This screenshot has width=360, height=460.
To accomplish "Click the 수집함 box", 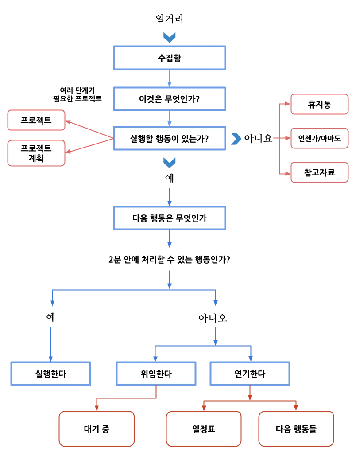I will (170, 58).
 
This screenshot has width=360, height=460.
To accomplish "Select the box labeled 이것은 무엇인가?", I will (170, 99).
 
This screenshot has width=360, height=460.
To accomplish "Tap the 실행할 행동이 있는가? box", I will (170, 139).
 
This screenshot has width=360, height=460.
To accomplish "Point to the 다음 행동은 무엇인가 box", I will (170, 218).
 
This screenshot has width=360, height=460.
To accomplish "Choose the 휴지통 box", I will (319, 105).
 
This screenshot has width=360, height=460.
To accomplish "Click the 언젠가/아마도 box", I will (319, 139).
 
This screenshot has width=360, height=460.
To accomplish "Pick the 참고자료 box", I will (319, 172).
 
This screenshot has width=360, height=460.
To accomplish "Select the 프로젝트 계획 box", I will (36, 153).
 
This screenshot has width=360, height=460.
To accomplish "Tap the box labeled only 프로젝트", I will (36, 120).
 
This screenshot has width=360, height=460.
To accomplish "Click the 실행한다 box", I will (50, 374).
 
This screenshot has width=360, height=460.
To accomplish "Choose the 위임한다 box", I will (155, 374).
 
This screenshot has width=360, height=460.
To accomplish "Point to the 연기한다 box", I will (250, 374).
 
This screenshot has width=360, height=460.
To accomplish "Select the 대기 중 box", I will (97, 429).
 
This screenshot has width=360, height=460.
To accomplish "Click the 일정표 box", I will (204, 429).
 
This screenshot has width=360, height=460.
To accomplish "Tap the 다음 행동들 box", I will (296, 429).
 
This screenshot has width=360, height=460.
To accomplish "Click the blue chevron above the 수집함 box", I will (170, 37).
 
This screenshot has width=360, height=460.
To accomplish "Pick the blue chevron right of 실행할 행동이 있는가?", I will (236, 139).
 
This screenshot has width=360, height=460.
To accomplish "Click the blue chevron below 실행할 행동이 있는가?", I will (170, 163).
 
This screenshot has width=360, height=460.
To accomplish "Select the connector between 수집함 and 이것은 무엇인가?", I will (170, 78).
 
